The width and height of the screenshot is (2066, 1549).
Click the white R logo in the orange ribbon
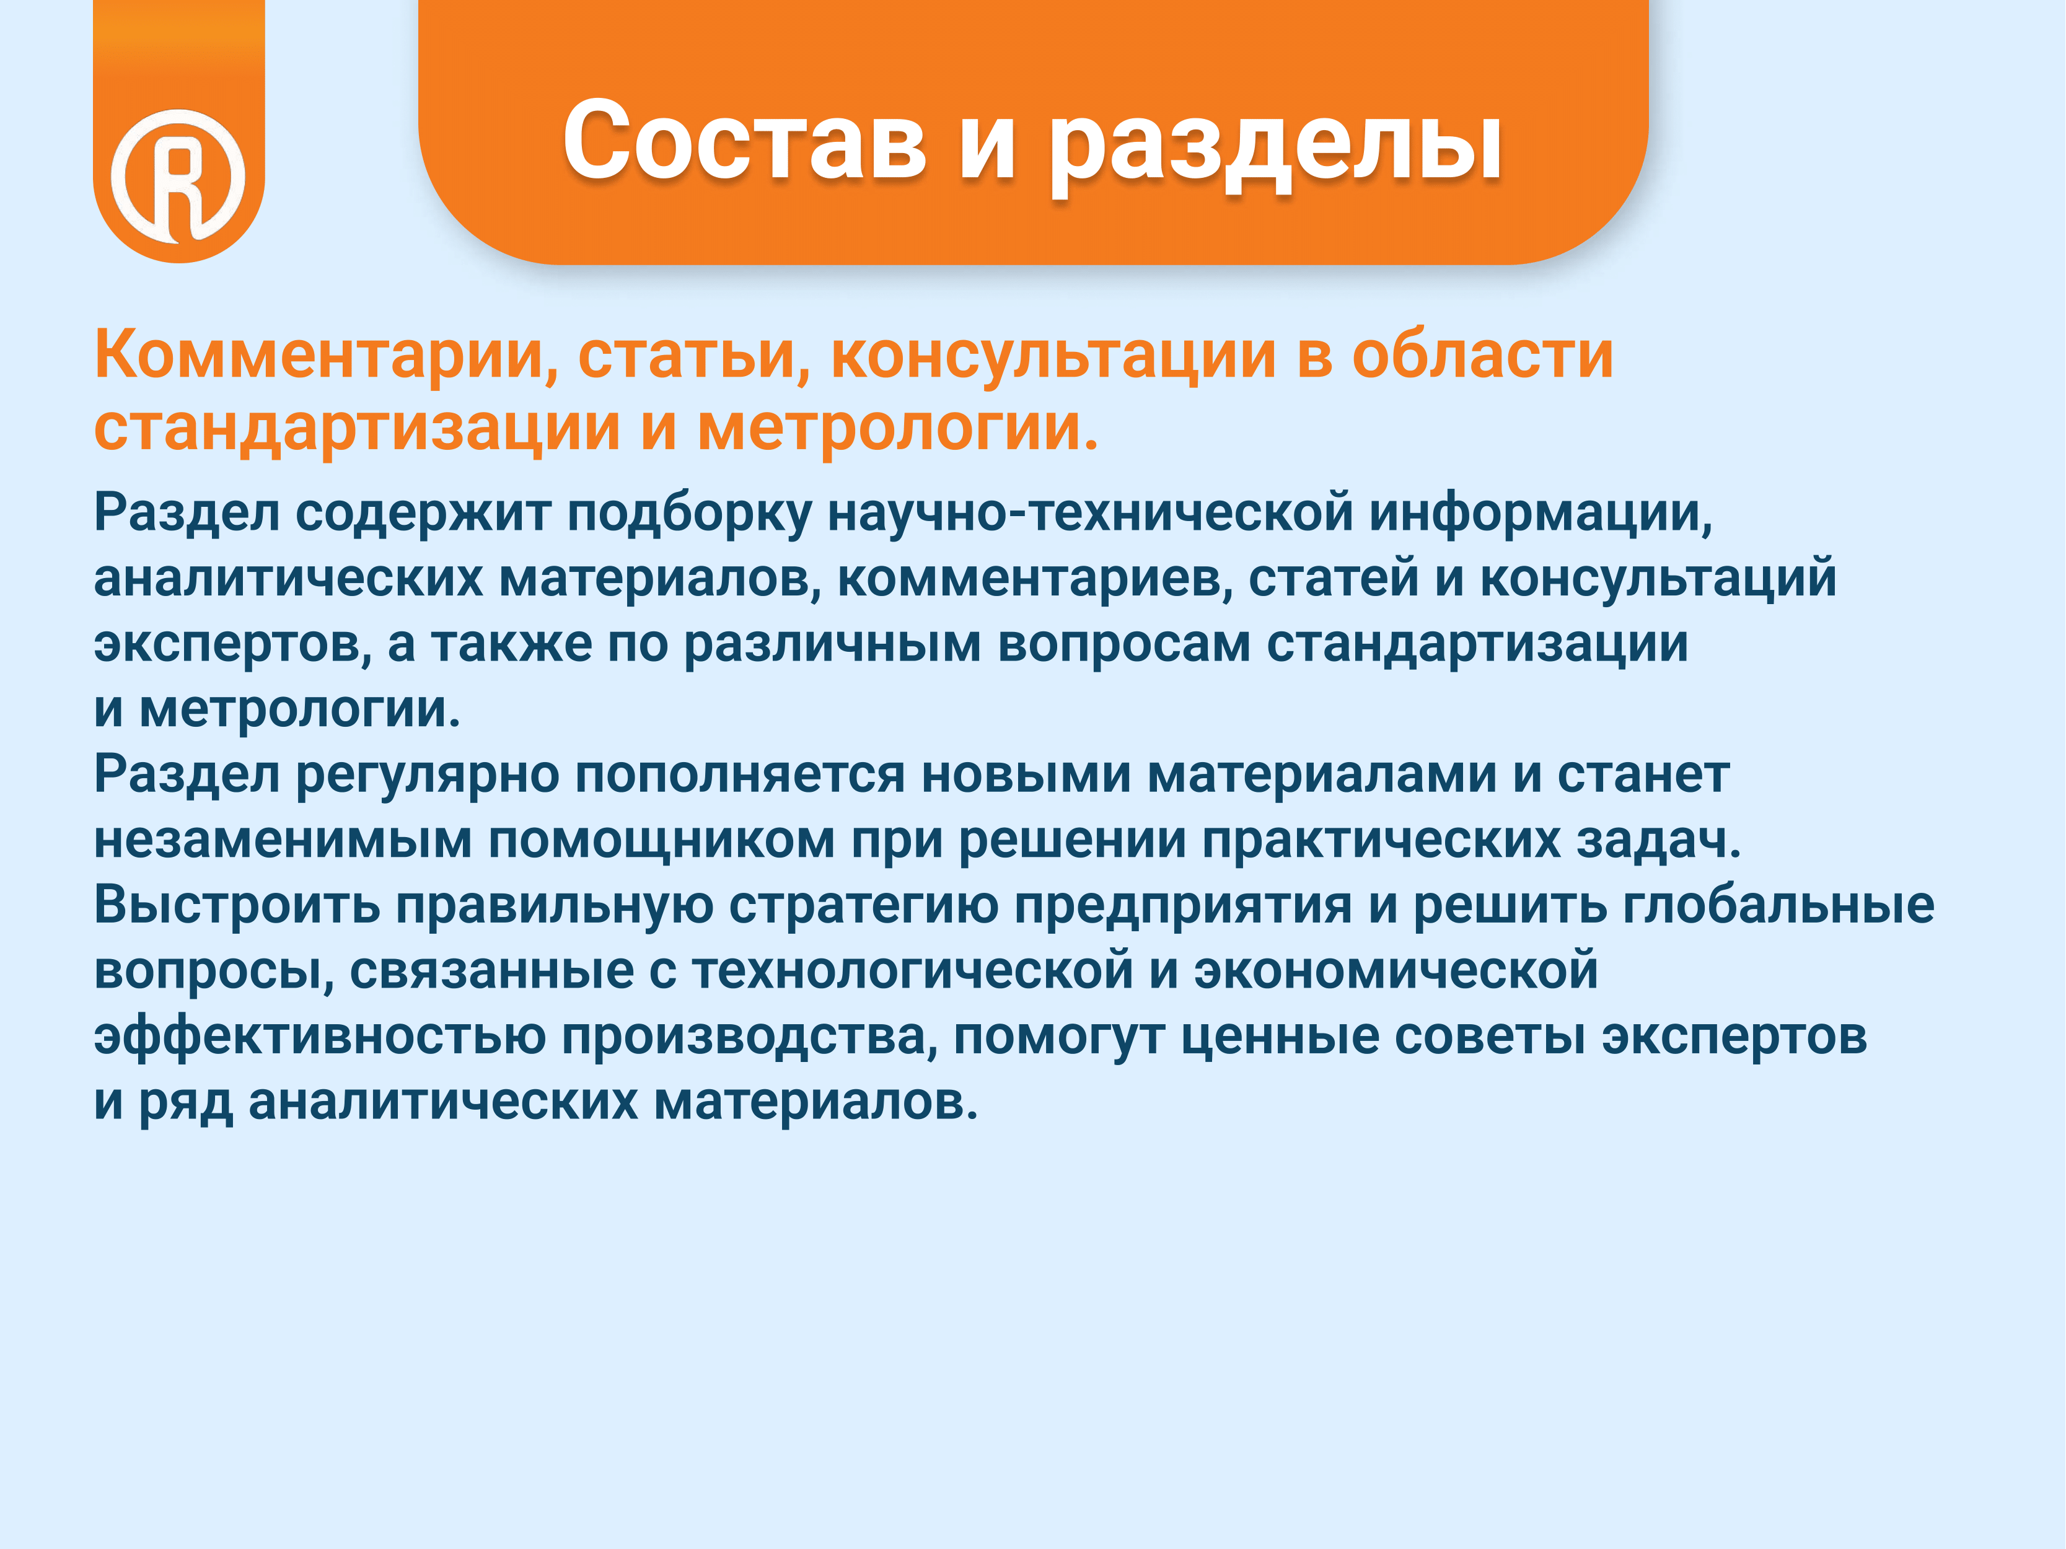(x=178, y=175)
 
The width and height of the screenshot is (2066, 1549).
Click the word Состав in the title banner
(x=744, y=140)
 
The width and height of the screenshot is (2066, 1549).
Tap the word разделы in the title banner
(x=1276, y=146)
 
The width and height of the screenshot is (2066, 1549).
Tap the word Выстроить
(x=237, y=906)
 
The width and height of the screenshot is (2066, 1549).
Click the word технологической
(x=913, y=970)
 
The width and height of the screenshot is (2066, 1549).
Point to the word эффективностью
(x=319, y=1037)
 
